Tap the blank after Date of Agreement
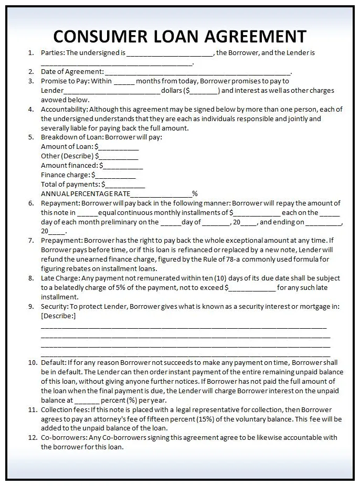197,72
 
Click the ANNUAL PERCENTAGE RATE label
86,194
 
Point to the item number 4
31,110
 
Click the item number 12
31,437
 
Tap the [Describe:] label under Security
58,316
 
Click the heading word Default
53,362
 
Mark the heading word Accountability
63,110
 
